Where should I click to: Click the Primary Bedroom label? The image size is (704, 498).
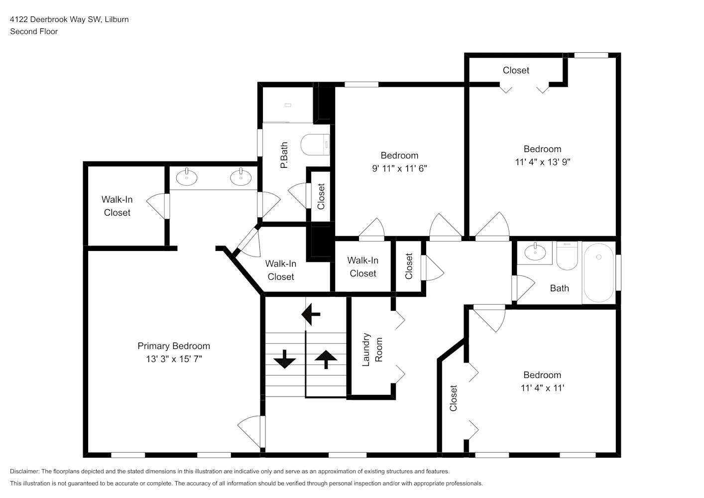pos(174,346)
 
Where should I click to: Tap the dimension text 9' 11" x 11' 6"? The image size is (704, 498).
pos(399,168)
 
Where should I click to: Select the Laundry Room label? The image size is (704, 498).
pos(372,350)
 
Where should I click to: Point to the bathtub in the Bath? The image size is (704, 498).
pos(598,272)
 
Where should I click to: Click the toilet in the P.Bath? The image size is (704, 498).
pos(315,144)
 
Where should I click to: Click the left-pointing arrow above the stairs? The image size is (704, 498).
pos(311,314)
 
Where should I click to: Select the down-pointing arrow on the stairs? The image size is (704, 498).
pos(285,359)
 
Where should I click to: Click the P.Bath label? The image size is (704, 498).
pos(284,155)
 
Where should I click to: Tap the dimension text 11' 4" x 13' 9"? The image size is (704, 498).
pos(543,162)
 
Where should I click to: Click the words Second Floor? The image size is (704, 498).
pos(34,31)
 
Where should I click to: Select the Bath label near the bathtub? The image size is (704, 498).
pos(560,288)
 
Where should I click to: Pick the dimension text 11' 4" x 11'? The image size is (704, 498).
pos(543,388)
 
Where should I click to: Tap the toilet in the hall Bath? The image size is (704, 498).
pos(567,256)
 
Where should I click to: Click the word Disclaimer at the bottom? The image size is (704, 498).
pos(24,471)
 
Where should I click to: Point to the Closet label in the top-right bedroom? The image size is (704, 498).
pos(516,70)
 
